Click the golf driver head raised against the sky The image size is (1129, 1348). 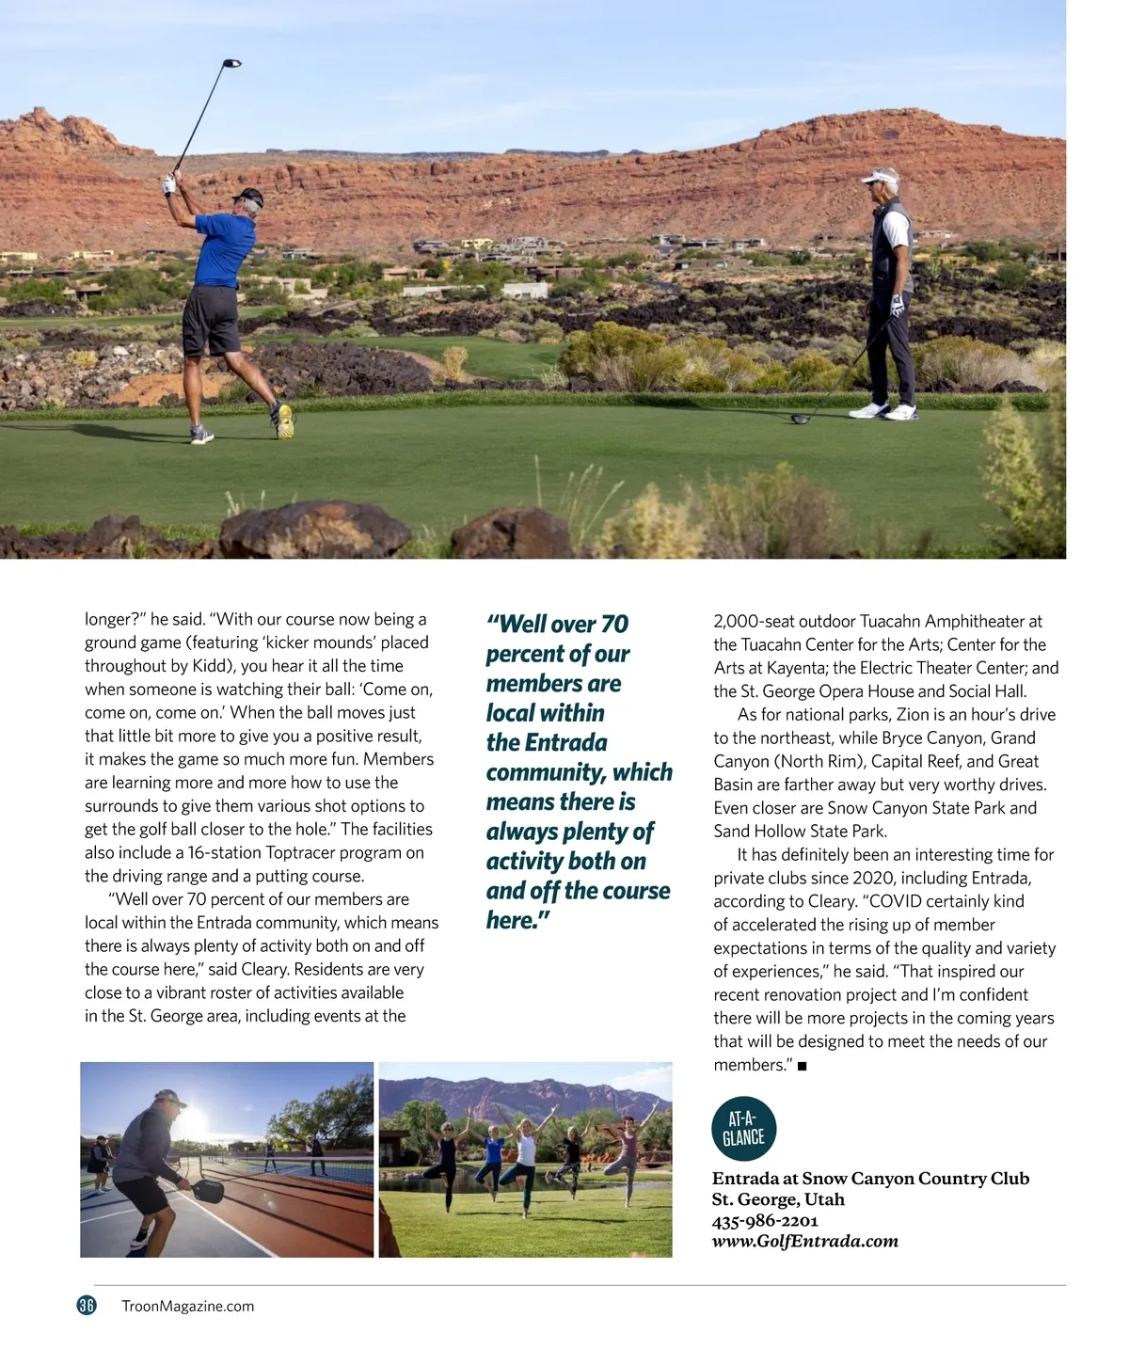[231, 64]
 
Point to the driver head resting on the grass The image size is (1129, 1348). [800, 419]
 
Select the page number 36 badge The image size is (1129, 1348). [87, 1305]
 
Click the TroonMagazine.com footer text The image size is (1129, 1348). [188, 1306]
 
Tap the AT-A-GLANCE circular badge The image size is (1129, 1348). [743, 1128]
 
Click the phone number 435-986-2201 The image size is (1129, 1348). [765, 1220]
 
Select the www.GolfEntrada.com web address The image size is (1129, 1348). [804, 1241]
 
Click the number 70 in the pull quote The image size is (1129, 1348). [614, 625]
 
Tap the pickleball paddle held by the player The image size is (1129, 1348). [206, 1190]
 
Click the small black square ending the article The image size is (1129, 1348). [802, 1066]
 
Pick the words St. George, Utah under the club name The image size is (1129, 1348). [778, 1199]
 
